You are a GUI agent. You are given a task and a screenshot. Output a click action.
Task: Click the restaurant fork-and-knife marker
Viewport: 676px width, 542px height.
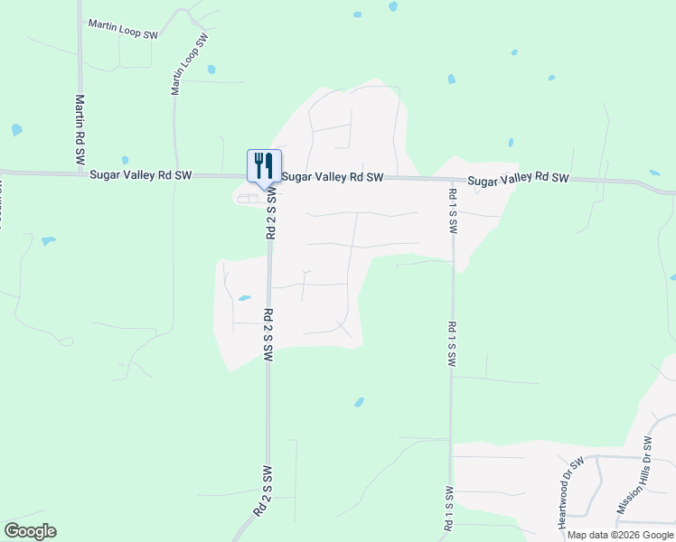[264, 166]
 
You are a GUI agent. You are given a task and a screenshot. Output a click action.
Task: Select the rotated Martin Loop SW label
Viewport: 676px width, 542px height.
[190, 64]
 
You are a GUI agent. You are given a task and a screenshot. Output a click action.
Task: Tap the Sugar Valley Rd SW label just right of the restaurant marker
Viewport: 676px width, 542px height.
[333, 177]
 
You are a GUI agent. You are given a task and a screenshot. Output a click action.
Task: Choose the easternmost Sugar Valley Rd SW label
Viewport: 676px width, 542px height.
[519, 180]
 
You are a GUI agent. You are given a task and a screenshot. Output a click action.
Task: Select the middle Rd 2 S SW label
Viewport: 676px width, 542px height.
[268, 335]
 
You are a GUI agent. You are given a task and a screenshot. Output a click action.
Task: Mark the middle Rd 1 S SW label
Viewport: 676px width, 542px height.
[450, 343]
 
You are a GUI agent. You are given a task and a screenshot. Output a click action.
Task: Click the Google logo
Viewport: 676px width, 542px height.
[30, 531]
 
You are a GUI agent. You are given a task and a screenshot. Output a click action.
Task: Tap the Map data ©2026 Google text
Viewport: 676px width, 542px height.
[620, 535]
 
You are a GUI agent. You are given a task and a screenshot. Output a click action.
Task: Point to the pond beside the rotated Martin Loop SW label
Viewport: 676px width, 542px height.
[211, 70]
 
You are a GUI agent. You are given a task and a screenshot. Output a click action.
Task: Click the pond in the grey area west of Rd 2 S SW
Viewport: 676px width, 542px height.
[244, 297]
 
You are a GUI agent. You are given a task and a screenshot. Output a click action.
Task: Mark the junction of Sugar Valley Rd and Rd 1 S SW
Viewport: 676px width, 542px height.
[451, 179]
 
